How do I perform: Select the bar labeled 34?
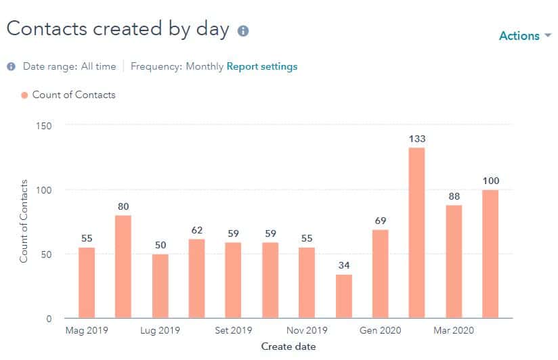tap(344, 296)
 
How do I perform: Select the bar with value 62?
tap(196, 278)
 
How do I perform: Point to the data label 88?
tap(454, 196)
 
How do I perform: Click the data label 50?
tap(160, 245)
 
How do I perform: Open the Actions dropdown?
tap(525, 36)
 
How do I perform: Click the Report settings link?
tap(261, 66)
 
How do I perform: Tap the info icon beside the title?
tap(243, 31)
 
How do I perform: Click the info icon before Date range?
tap(12, 66)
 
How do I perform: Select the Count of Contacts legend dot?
tap(24, 95)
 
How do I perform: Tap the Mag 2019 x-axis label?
tap(87, 331)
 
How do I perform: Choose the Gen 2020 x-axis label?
tap(381, 331)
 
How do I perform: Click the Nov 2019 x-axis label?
tap(307, 331)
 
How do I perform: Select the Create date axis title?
tap(288, 346)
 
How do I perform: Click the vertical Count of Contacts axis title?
tap(24, 221)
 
